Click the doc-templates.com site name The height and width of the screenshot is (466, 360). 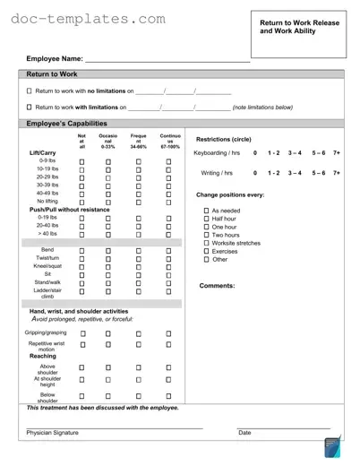[88, 19]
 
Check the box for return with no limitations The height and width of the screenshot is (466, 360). [29, 91]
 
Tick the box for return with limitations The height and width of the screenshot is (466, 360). [29, 108]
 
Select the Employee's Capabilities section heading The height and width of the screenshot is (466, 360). [67, 123]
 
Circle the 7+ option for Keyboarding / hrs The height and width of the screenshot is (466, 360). [336, 154]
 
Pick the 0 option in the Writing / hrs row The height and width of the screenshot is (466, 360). [255, 173]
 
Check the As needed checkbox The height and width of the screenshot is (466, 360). [205, 211]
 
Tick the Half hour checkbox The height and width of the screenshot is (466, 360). [205, 220]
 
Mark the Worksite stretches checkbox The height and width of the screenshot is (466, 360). [205, 243]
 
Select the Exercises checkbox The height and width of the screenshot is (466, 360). [205, 252]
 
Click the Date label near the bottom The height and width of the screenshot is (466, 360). [244, 433]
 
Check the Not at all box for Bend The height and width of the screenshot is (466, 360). [81, 250]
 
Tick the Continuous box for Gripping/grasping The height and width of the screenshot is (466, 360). [167, 333]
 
